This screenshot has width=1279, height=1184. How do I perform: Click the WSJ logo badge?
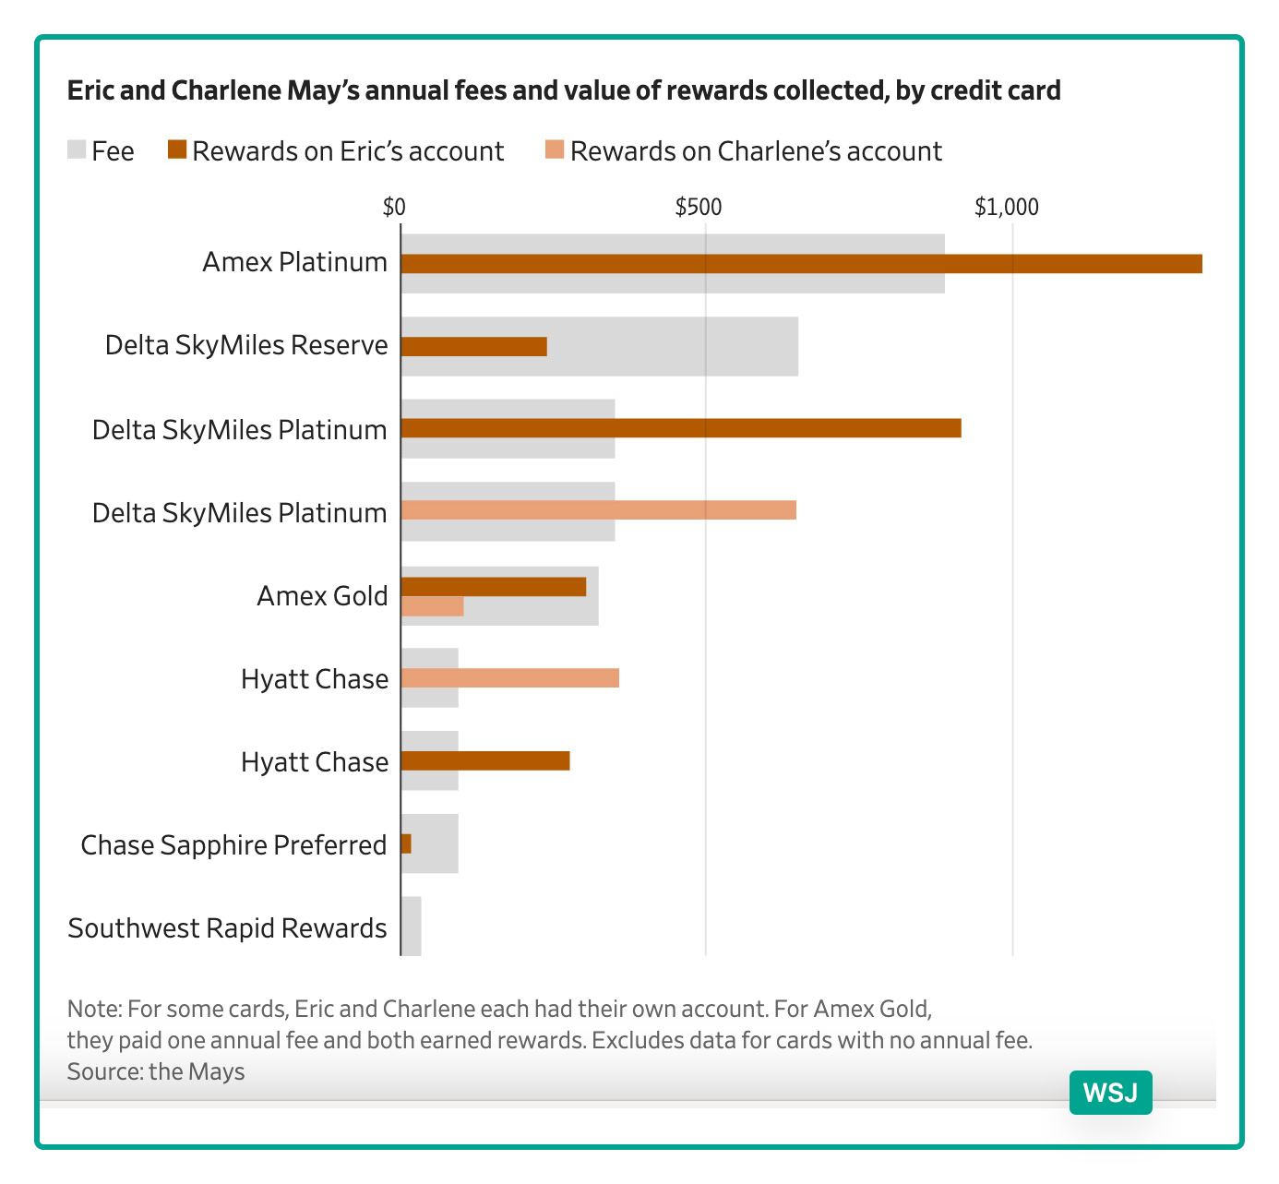point(1110,1093)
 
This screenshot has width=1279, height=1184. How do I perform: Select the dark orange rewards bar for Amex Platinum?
point(801,264)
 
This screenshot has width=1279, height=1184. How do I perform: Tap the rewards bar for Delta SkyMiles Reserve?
point(474,346)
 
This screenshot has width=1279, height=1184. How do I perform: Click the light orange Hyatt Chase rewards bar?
point(509,678)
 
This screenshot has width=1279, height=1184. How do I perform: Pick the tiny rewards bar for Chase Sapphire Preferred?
point(406,843)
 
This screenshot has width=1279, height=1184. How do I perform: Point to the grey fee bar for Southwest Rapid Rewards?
point(412,926)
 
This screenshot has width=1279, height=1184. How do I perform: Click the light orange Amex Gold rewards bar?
point(433,606)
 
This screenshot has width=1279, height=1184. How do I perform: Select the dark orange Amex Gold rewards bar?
point(494,587)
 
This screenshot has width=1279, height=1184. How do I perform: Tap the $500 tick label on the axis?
point(699,207)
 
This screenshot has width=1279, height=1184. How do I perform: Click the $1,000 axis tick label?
point(1007,207)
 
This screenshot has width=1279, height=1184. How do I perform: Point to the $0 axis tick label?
point(394,207)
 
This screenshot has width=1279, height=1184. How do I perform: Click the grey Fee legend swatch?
point(77,150)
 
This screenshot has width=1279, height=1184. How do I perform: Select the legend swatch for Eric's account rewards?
point(177,150)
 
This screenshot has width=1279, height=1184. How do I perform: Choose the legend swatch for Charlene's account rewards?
point(555,150)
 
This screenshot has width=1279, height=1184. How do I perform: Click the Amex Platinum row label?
point(294,263)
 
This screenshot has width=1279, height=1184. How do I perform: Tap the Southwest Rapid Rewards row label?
point(227,928)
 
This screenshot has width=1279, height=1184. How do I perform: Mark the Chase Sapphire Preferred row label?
point(233,845)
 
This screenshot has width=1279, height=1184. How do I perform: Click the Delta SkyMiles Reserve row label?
point(245,346)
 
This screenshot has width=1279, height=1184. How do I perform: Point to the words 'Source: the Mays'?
point(156,1071)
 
